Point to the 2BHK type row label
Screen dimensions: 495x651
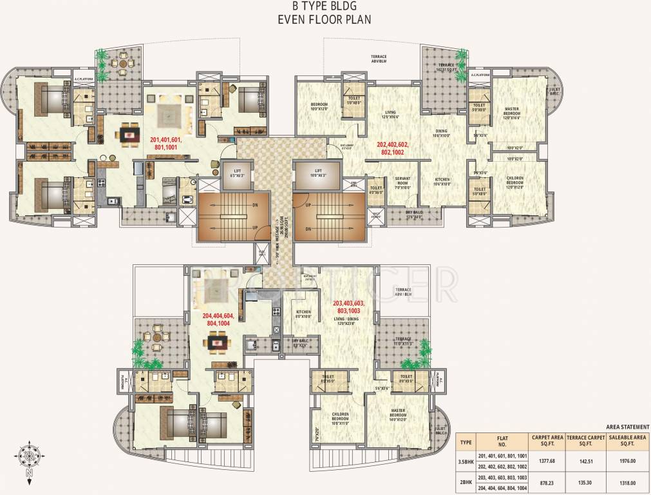(x=465, y=482)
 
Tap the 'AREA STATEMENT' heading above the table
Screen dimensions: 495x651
(x=627, y=427)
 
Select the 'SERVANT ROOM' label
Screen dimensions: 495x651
(x=403, y=181)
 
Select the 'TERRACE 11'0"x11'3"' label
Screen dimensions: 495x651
(x=404, y=341)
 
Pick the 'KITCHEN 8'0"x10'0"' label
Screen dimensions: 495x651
(x=303, y=314)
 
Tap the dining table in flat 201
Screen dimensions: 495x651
(x=130, y=136)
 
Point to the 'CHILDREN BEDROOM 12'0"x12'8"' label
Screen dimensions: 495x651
(x=514, y=181)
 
